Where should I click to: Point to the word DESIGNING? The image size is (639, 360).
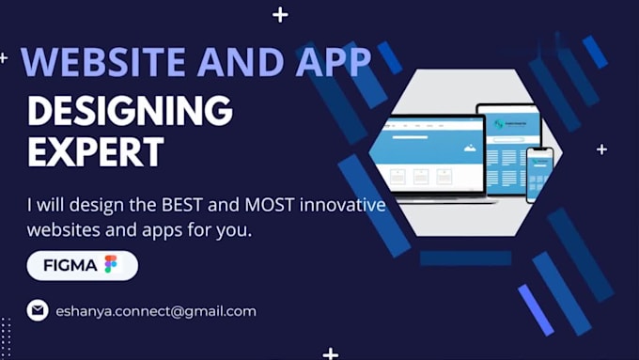(130, 111)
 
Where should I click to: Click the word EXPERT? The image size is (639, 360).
(95, 151)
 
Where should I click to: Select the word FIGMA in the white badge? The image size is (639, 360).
(70, 265)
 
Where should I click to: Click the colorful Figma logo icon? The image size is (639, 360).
(111, 265)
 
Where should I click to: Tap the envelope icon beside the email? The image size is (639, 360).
(38, 310)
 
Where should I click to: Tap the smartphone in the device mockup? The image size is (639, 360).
(538, 173)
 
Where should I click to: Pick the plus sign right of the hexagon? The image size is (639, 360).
(601, 149)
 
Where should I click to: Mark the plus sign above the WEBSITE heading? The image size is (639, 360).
(280, 14)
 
